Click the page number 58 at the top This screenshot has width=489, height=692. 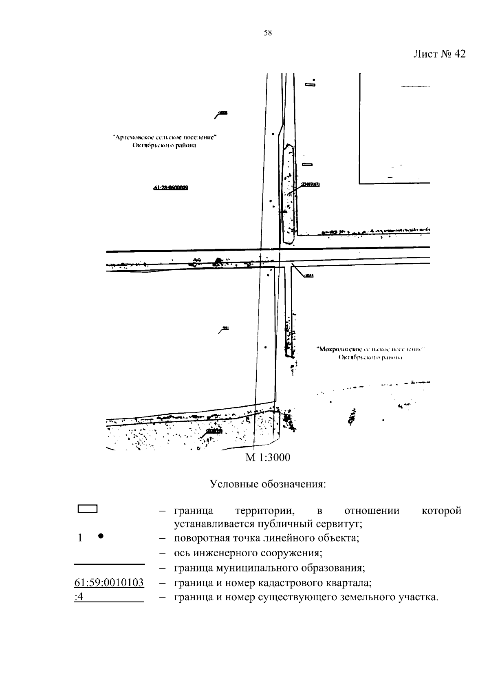click(268, 33)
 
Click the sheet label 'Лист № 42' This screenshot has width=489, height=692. click(439, 54)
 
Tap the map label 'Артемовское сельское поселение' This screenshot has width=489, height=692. click(164, 137)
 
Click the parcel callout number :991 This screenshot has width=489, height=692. click(226, 328)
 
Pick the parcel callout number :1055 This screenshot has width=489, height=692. click(309, 275)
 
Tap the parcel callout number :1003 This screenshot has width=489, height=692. click(223, 112)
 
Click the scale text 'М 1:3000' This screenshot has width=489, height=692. click(268, 457)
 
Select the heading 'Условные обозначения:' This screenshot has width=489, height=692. click(268, 484)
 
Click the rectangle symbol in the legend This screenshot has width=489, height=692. click(87, 509)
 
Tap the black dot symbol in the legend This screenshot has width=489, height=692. click(100, 537)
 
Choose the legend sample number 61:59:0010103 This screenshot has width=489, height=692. click(109, 583)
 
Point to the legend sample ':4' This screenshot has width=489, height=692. click(79, 598)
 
